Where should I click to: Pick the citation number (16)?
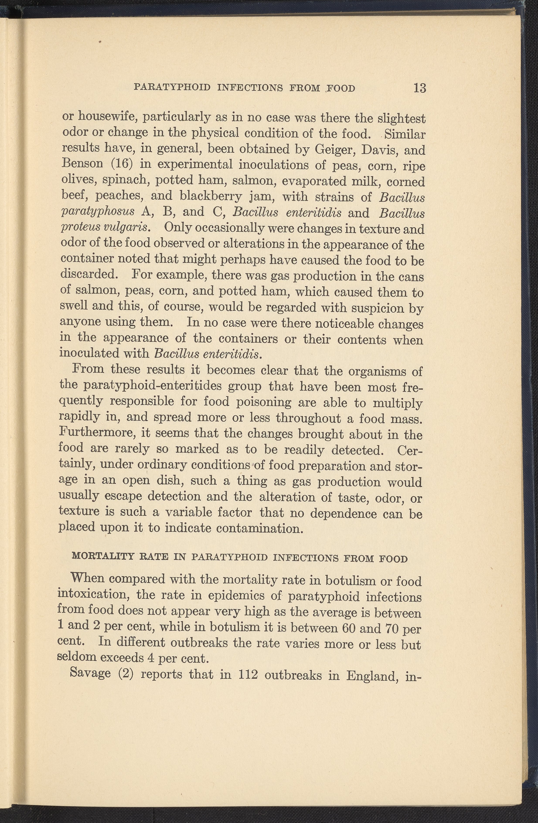(120, 164)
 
